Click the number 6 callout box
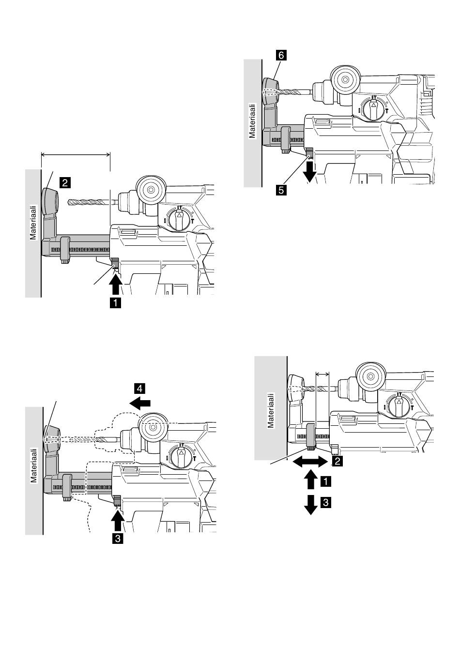point(281,55)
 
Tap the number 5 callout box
point(281,190)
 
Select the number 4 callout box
point(140,389)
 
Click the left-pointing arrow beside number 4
point(140,403)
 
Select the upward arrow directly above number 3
point(118,520)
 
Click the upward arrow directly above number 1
point(116,284)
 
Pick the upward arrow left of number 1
point(311,480)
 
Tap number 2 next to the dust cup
point(65,182)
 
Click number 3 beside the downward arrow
point(326,502)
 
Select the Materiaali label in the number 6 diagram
point(252,121)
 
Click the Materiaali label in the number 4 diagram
point(34,465)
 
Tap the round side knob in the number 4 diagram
point(153,427)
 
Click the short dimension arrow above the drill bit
point(322,375)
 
